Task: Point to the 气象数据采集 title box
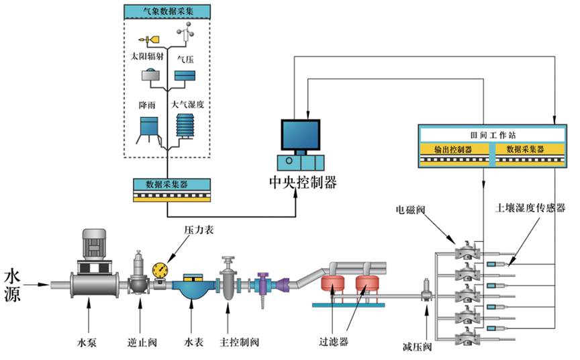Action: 166,12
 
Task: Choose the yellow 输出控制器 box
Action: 453,150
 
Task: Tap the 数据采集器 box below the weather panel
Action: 166,183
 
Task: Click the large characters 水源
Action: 15,285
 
